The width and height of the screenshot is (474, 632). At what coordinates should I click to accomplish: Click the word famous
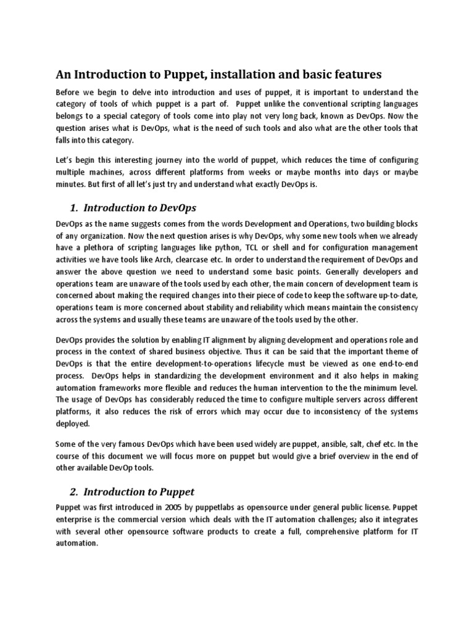(x=121, y=443)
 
